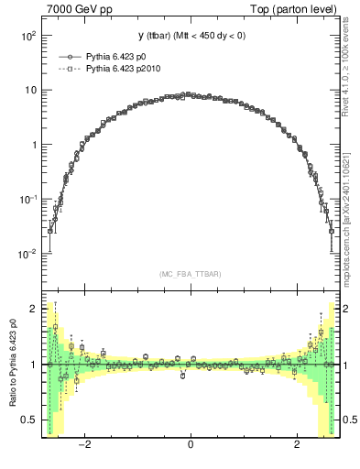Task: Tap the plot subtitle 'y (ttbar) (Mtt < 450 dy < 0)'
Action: click(x=191, y=36)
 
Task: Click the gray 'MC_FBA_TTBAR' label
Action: click(x=190, y=275)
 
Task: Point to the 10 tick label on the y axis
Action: click(x=30, y=90)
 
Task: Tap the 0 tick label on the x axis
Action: click(x=190, y=446)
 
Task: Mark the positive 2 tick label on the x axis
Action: click(x=297, y=446)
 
